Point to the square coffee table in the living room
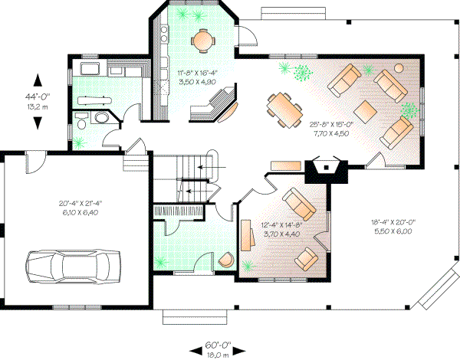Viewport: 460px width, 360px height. click(x=370, y=110)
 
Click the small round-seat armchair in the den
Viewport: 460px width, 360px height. click(x=306, y=257)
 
